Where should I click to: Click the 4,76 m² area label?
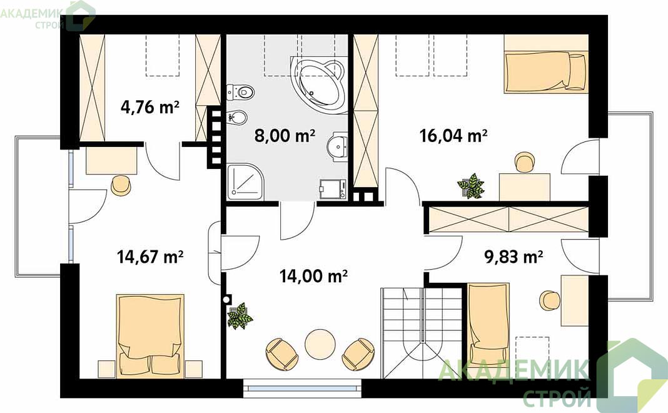149,106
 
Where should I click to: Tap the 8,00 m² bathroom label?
285,136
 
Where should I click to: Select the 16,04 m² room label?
453,136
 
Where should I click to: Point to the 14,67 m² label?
150,257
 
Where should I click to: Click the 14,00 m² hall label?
313,276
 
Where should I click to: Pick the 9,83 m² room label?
514,257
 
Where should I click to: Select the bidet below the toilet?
237,117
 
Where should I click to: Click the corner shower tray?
245,182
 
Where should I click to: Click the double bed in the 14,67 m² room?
150,335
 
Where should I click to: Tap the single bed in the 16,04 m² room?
545,72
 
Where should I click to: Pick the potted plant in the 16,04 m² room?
471,186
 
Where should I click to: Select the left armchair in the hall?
281,354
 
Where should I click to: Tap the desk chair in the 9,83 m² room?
550,300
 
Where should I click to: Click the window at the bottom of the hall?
302,388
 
